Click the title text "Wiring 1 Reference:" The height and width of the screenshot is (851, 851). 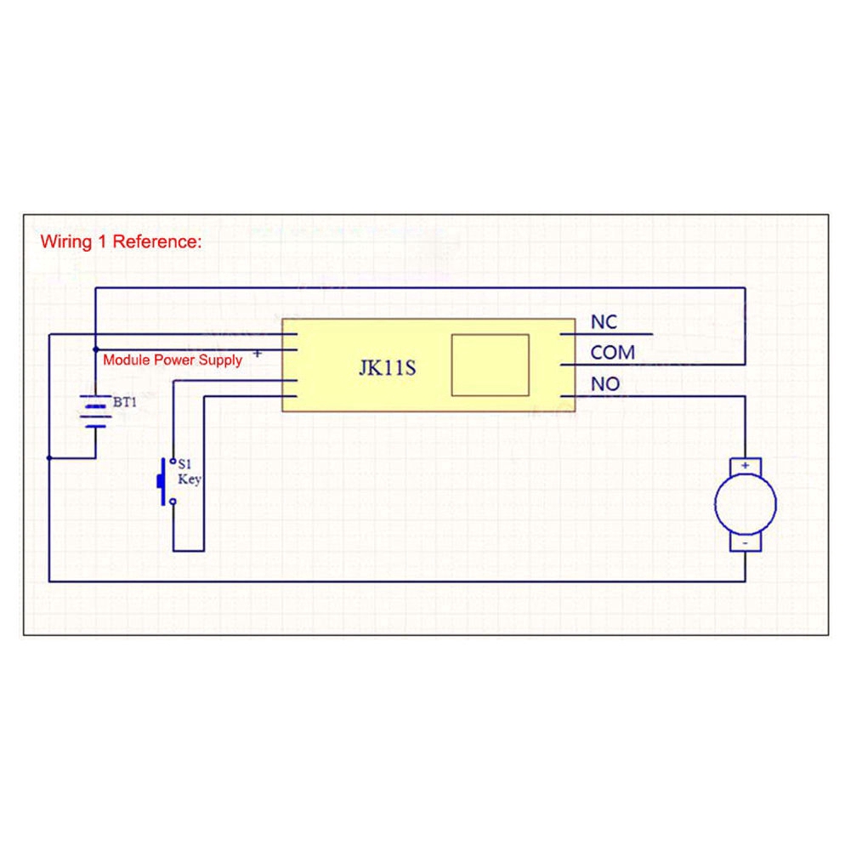121,242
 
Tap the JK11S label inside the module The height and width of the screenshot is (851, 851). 388,368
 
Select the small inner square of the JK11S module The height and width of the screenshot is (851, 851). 490,366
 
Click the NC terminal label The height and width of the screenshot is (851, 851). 604,322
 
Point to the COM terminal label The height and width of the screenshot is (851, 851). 612,353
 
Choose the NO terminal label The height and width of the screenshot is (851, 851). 604,384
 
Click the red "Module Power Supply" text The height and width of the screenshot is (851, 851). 172,360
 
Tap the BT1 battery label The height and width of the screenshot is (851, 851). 124,402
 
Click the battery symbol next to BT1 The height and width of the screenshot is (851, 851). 95,411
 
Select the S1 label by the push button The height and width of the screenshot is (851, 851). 184,464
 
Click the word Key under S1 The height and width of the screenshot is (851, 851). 190,479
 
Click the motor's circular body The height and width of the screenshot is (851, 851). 746,504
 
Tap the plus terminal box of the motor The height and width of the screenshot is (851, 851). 746,466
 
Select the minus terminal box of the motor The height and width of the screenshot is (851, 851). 746,542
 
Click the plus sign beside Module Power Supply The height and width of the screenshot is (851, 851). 258,354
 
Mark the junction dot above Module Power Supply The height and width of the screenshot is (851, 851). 96,349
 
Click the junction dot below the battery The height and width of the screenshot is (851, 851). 49,458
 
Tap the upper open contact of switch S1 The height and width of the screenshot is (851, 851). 173,462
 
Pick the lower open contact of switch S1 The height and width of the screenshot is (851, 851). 173,502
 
